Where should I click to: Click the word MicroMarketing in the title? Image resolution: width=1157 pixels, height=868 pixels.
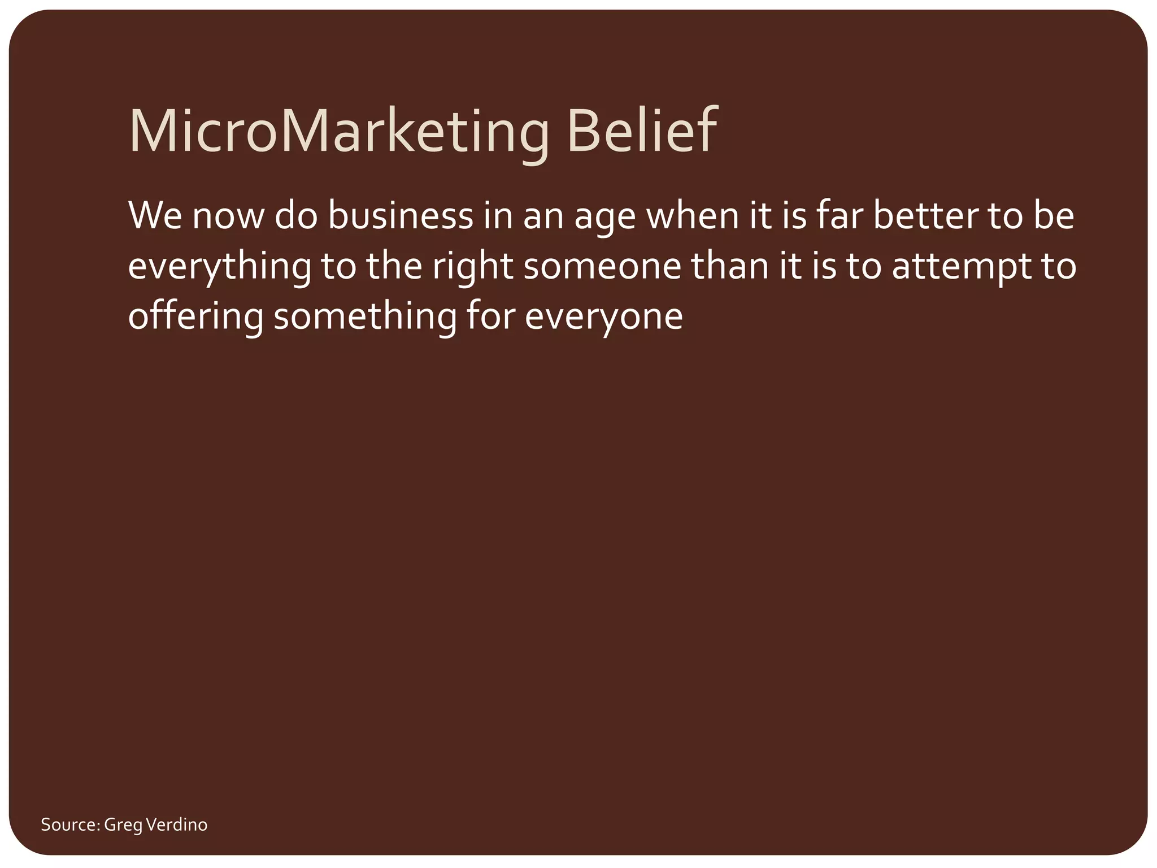click(x=339, y=131)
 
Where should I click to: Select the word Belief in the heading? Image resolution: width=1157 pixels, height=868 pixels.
click(x=642, y=131)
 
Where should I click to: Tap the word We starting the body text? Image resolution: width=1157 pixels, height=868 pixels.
click(x=154, y=216)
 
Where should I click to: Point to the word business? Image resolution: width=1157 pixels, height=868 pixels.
click(x=400, y=216)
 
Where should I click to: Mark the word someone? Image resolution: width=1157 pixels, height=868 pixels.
click(x=602, y=266)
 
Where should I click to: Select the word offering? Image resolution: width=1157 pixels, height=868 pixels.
click(x=195, y=316)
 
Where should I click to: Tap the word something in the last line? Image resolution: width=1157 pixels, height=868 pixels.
click(x=365, y=316)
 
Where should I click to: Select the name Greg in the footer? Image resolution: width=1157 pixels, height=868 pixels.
click(x=123, y=826)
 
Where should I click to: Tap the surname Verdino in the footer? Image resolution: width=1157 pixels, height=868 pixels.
click(x=177, y=824)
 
